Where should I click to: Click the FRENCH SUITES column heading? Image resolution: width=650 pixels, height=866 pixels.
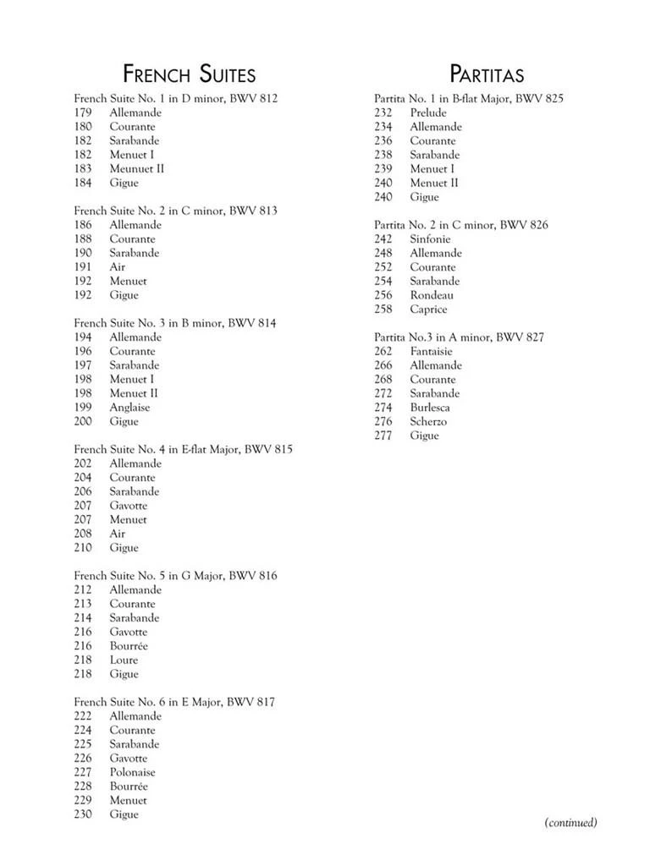point(189,74)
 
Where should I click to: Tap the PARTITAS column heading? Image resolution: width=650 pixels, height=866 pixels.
point(487,74)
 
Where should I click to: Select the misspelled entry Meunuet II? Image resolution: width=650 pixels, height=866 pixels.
point(136,168)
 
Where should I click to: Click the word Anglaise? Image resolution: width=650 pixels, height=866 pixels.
point(129,407)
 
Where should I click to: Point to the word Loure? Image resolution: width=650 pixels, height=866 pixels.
point(124,660)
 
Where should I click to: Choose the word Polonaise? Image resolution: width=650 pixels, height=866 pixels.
point(132,772)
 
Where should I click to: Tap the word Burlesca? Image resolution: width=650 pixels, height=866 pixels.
point(430,407)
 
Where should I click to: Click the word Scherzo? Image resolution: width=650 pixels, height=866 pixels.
point(428,421)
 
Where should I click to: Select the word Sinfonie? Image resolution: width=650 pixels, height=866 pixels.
point(430,238)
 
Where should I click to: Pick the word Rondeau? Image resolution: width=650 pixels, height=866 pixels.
point(432,295)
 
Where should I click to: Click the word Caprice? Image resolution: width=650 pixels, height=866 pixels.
point(428,309)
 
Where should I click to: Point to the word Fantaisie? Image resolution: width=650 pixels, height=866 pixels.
point(431,351)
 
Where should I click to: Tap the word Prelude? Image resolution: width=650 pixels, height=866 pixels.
point(428,112)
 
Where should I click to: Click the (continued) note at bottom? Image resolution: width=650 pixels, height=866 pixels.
point(570,822)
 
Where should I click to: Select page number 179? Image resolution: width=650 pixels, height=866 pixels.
point(83,112)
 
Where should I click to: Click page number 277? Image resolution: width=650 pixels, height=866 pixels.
point(383,436)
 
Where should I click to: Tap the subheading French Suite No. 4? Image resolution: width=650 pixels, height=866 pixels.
point(183,449)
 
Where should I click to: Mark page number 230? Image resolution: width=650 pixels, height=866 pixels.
point(83,814)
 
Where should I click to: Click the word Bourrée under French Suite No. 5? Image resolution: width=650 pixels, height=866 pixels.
point(129,646)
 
